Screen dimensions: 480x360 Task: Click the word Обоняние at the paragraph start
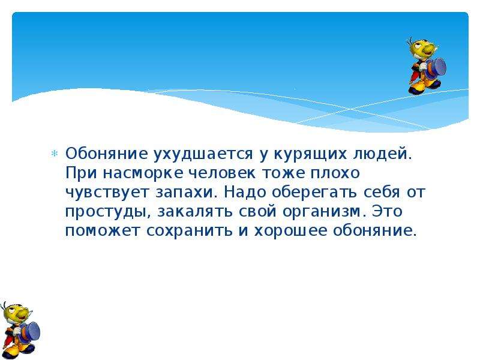point(106,154)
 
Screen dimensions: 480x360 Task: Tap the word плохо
point(335,173)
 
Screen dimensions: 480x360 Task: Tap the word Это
point(387,211)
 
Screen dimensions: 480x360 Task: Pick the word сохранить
point(189,231)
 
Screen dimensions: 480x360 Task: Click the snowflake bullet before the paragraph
point(54,154)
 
